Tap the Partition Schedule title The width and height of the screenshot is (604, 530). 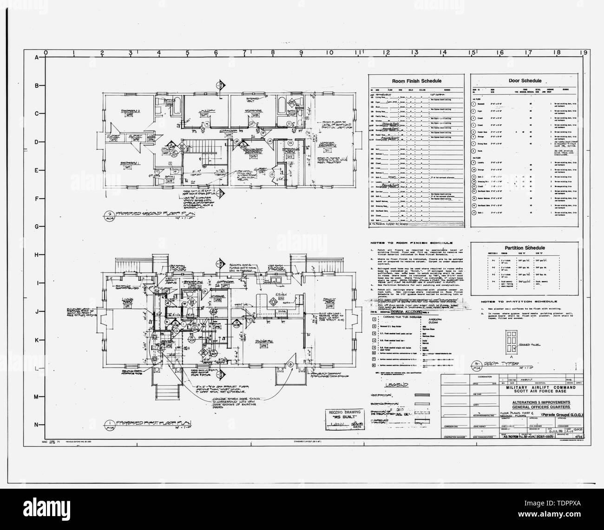pyautogui.click(x=524, y=248)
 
